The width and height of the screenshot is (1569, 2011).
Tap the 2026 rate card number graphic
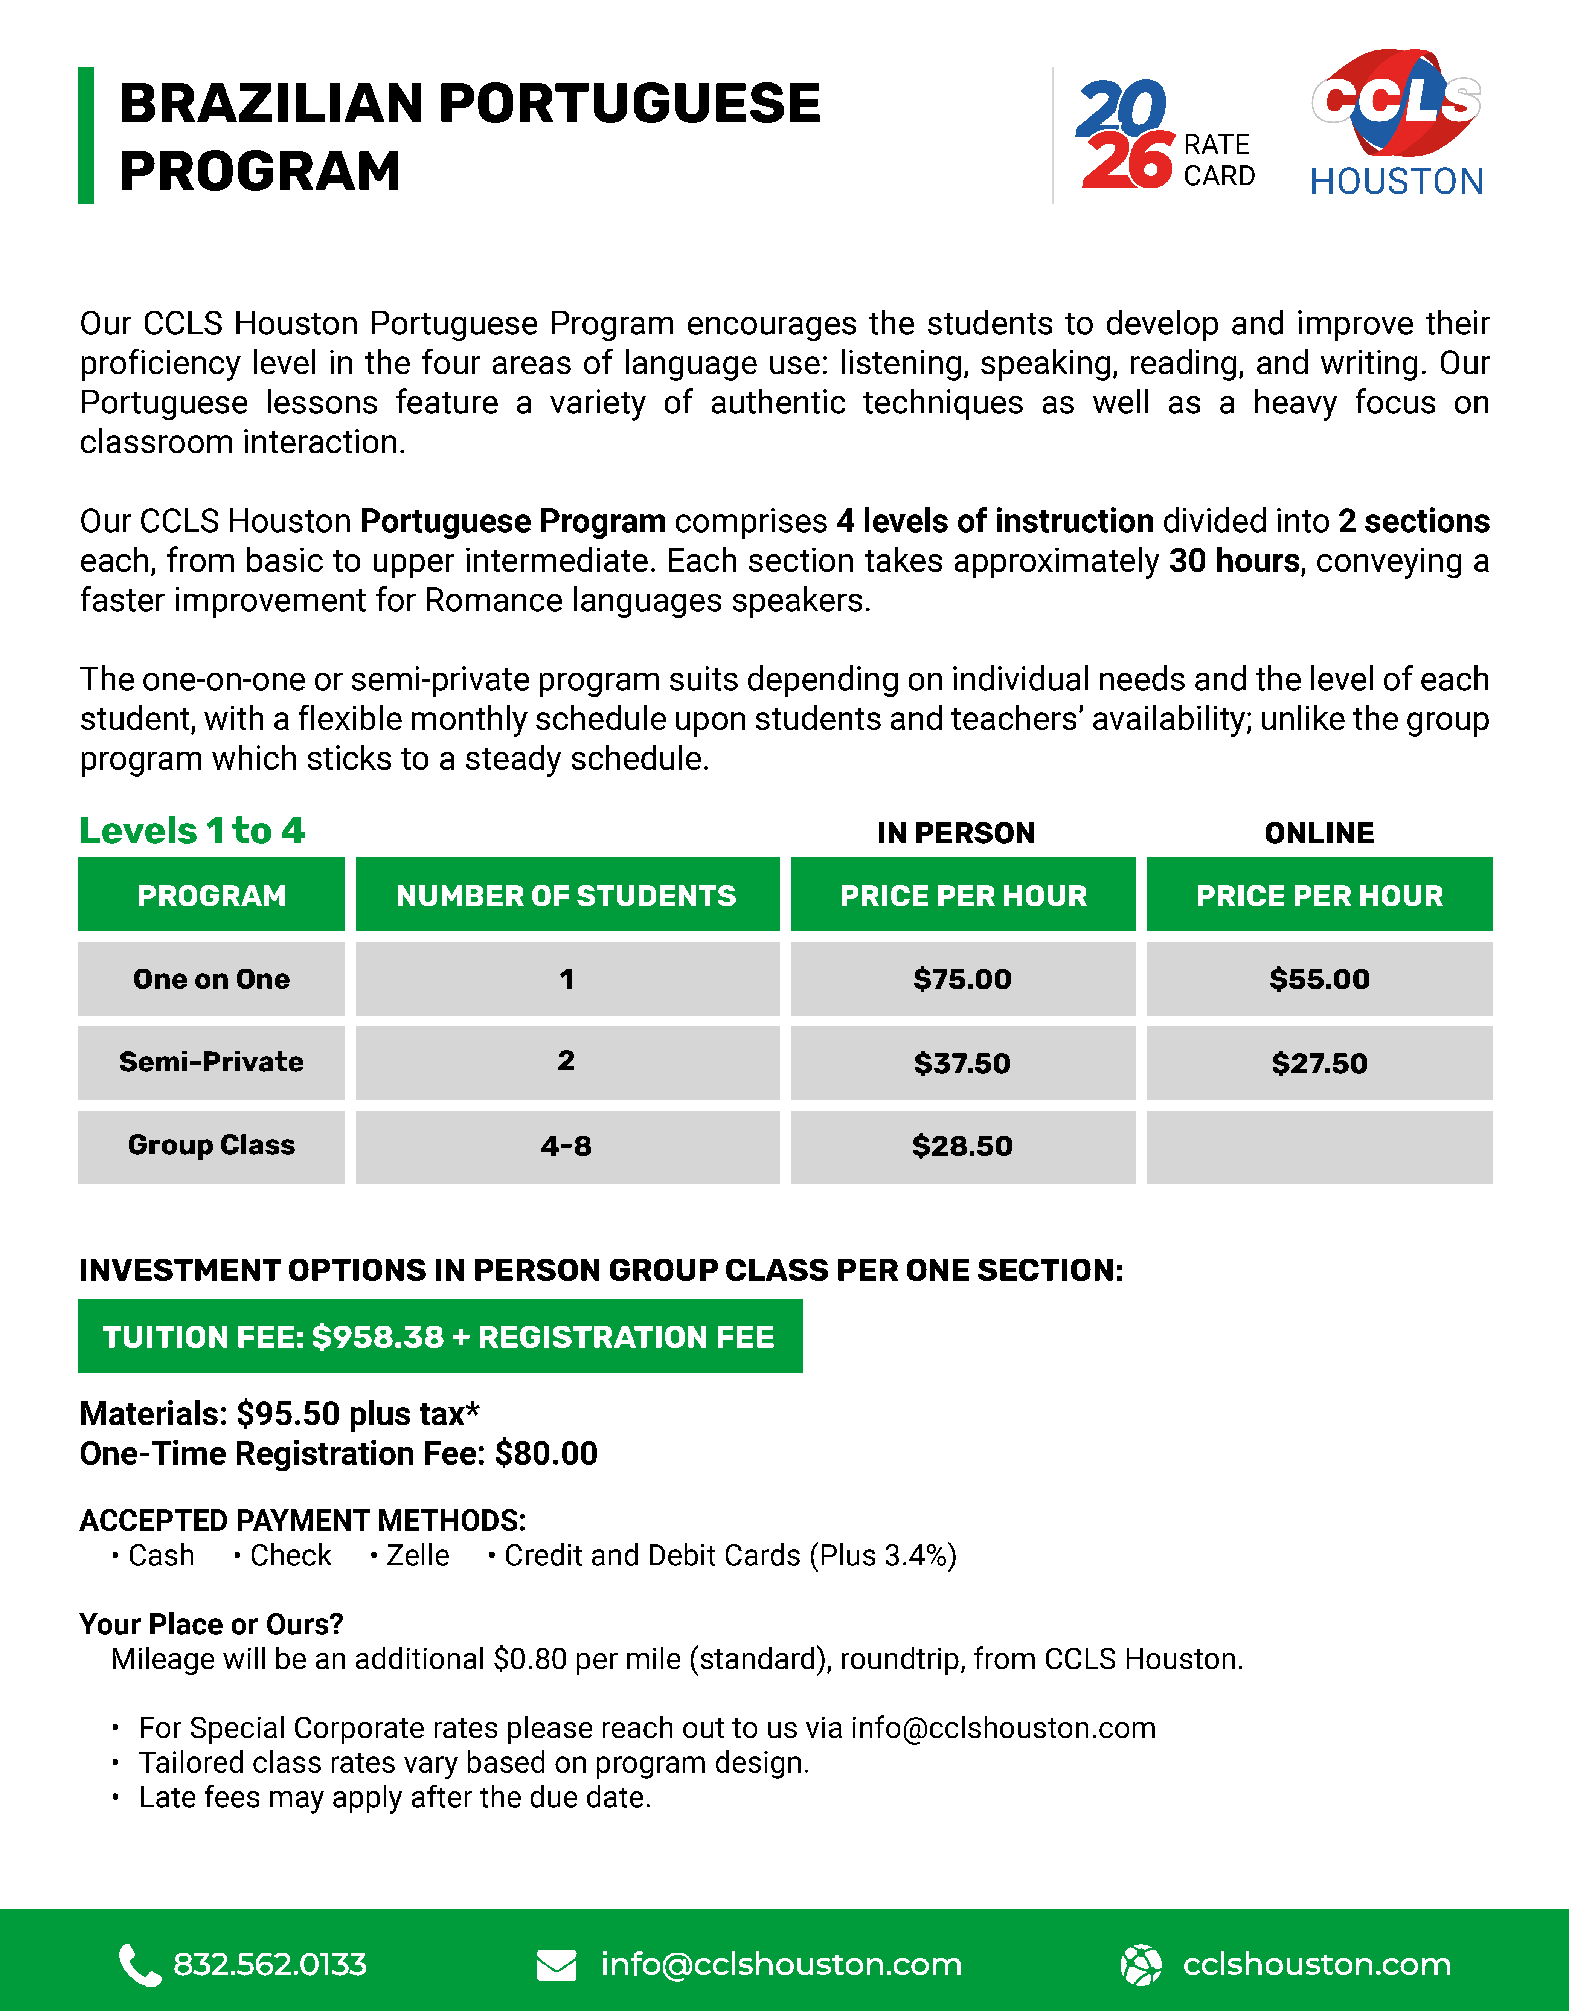[x=1125, y=134]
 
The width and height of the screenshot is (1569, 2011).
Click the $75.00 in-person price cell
[x=962, y=979]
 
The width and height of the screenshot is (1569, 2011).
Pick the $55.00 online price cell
[x=1319, y=979]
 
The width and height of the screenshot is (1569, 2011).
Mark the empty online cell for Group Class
[x=1319, y=1146]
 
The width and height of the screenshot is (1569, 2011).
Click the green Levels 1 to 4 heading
[x=192, y=830]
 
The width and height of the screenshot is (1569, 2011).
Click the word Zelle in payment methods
[x=417, y=1555]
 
